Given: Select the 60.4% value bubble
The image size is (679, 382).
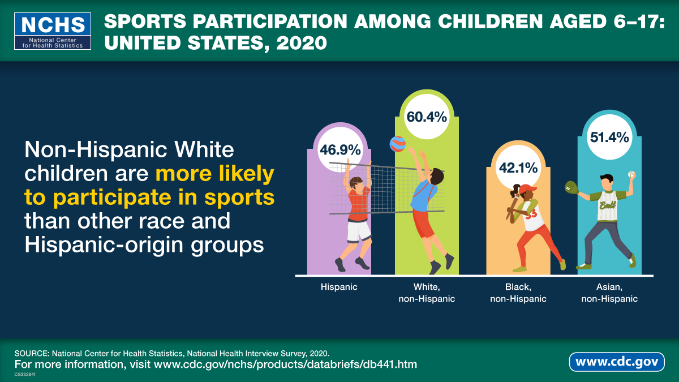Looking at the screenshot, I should (x=427, y=117).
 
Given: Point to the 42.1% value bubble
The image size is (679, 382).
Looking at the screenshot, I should (x=518, y=168).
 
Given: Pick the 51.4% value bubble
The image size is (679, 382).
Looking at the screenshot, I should (x=609, y=137).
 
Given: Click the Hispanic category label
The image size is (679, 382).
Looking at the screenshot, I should (x=339, y=287).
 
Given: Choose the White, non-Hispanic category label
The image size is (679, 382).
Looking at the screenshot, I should (x=427, y=293).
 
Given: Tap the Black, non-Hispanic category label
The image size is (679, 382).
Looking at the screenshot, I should (x=518, y=293).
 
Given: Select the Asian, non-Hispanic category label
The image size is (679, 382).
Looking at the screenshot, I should (x=609, y=293).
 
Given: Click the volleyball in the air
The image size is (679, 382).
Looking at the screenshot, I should (x=398, y=144).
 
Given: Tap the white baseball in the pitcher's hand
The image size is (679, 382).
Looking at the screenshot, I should (x=631, y=175).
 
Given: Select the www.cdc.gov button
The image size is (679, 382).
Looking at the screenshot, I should (x=617, y=361).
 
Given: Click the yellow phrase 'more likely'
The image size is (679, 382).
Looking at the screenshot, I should (x=214, y=174).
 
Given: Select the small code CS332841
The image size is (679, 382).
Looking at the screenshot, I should (x=25, y=374).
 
